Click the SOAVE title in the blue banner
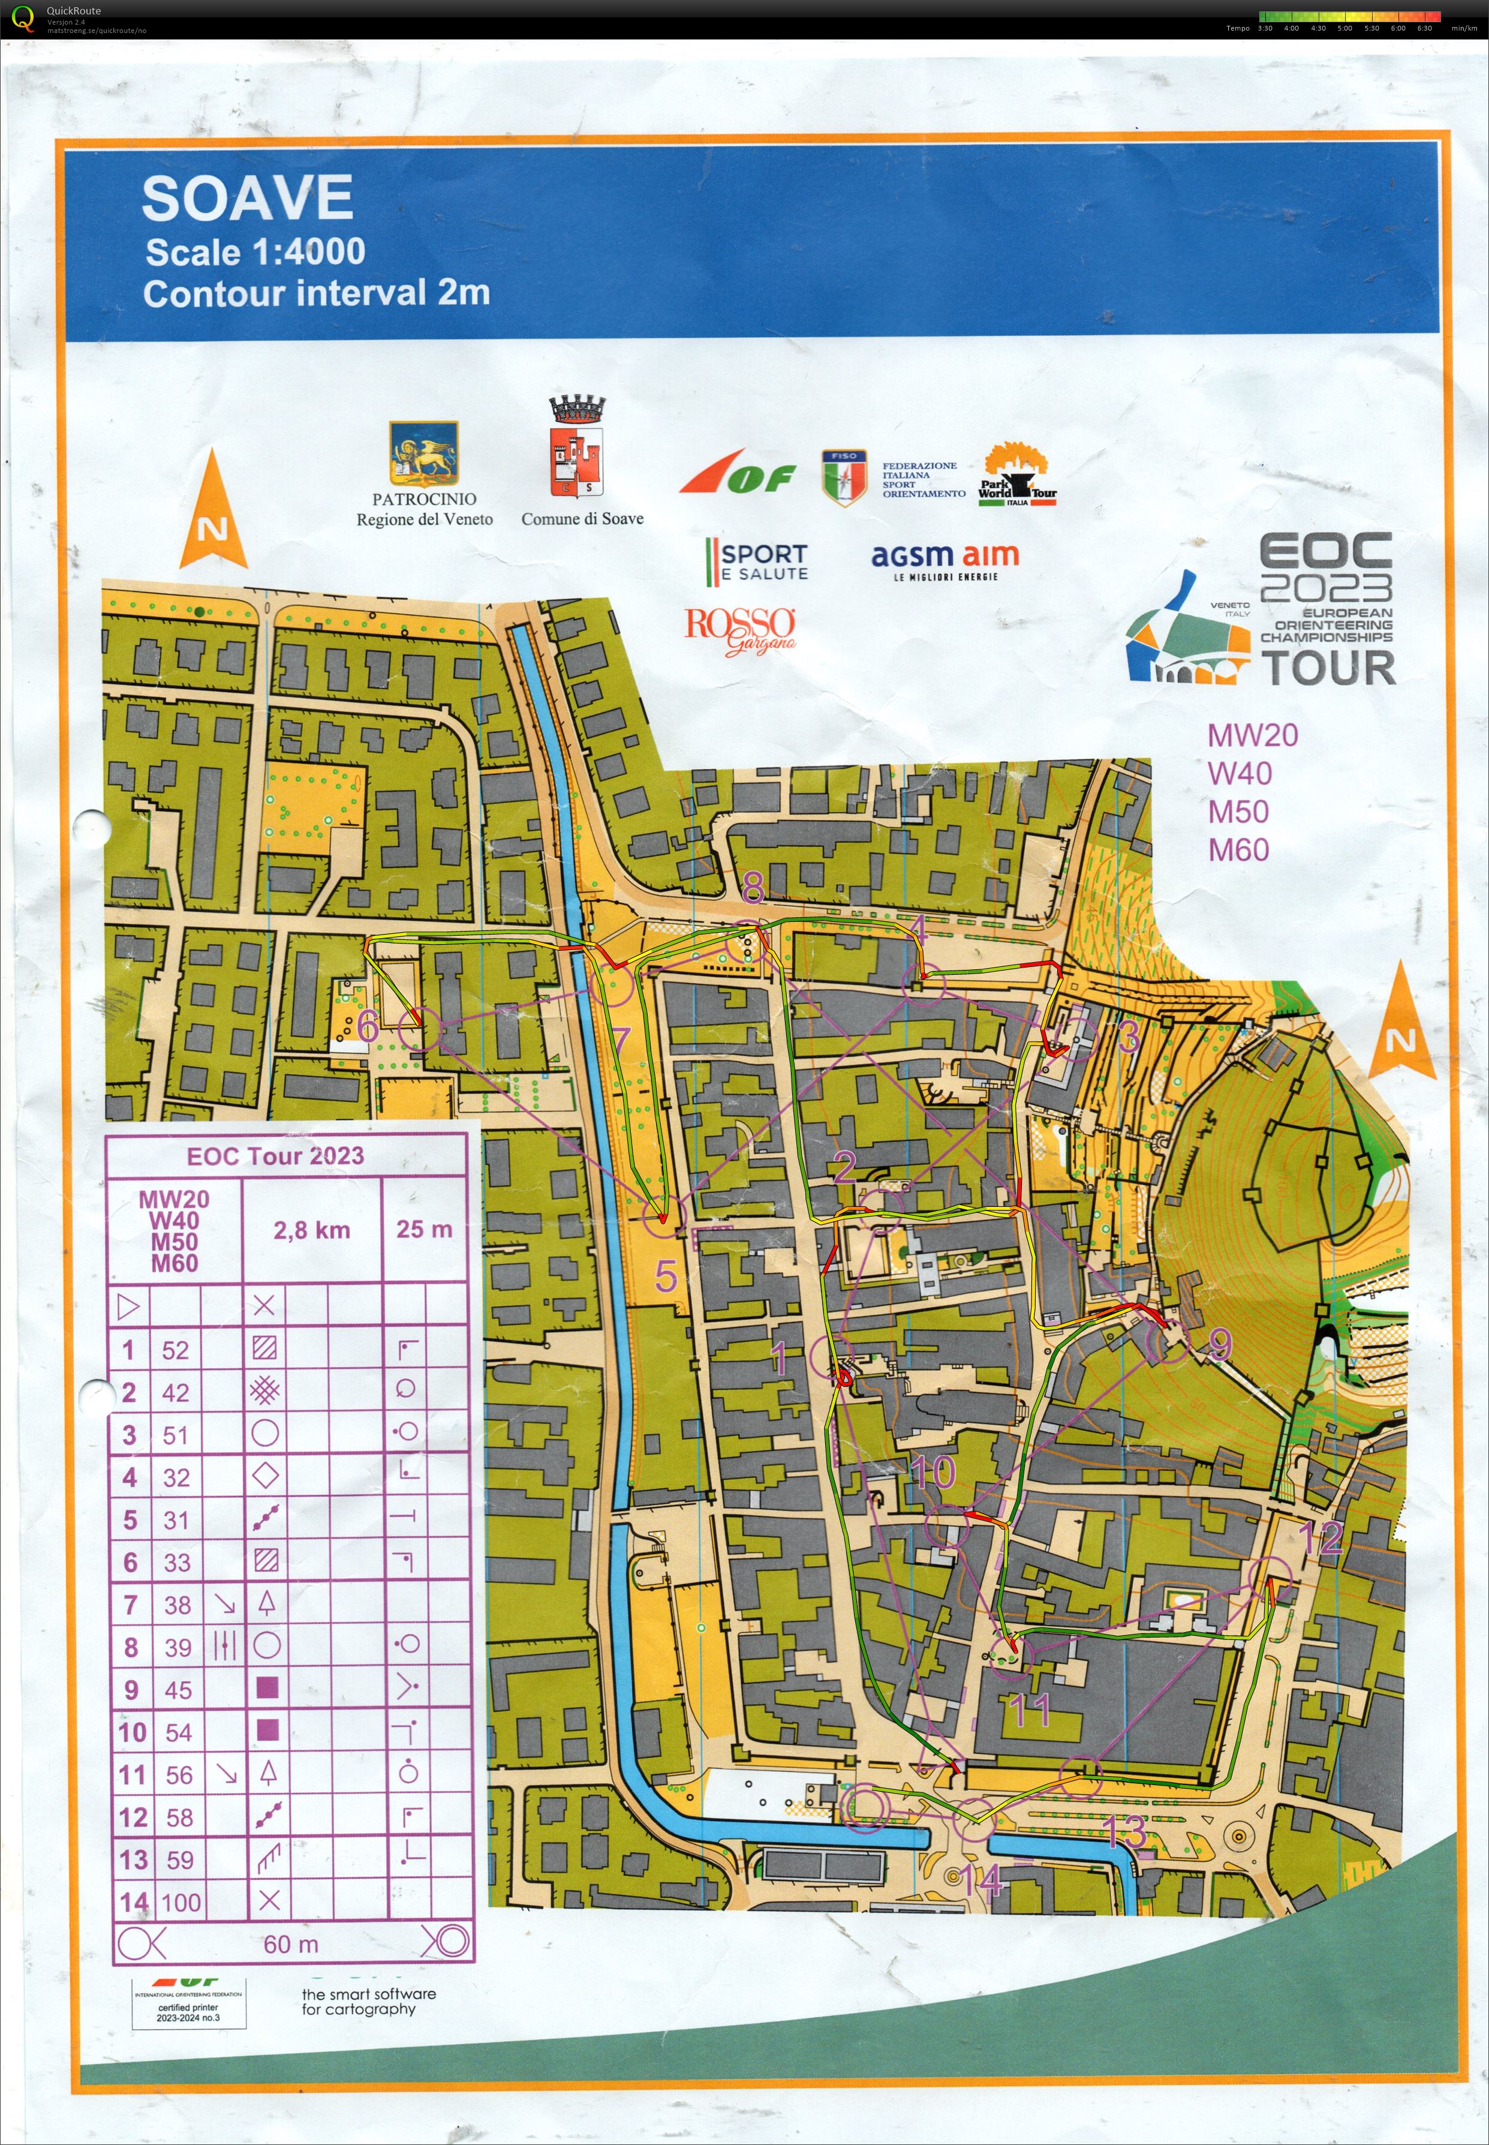pyautogui.click(x=247, y=199)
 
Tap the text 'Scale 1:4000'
pyautogui.click(x=255, y=252)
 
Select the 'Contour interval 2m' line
pyautogui.click(x=316, y=293)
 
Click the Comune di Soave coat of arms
pyautogui.click(x=576, y=450)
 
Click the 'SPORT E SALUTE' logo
pyautogui.click(x=757, y=561)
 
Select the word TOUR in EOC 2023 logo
pyautogui.click(x=1328, y=668)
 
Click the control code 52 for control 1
pyautogui.click(x=175, y=1350)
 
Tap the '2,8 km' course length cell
pyautogui.click(x=312, y=1230)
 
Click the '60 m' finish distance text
pyautogui.click(x=290, y=1945)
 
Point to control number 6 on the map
pyautogui.click(x=368, y=1026)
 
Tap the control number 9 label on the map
pyautogui.click(x=1220, y=1344)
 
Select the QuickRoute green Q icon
pyautogui.click(x=22, y=18)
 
